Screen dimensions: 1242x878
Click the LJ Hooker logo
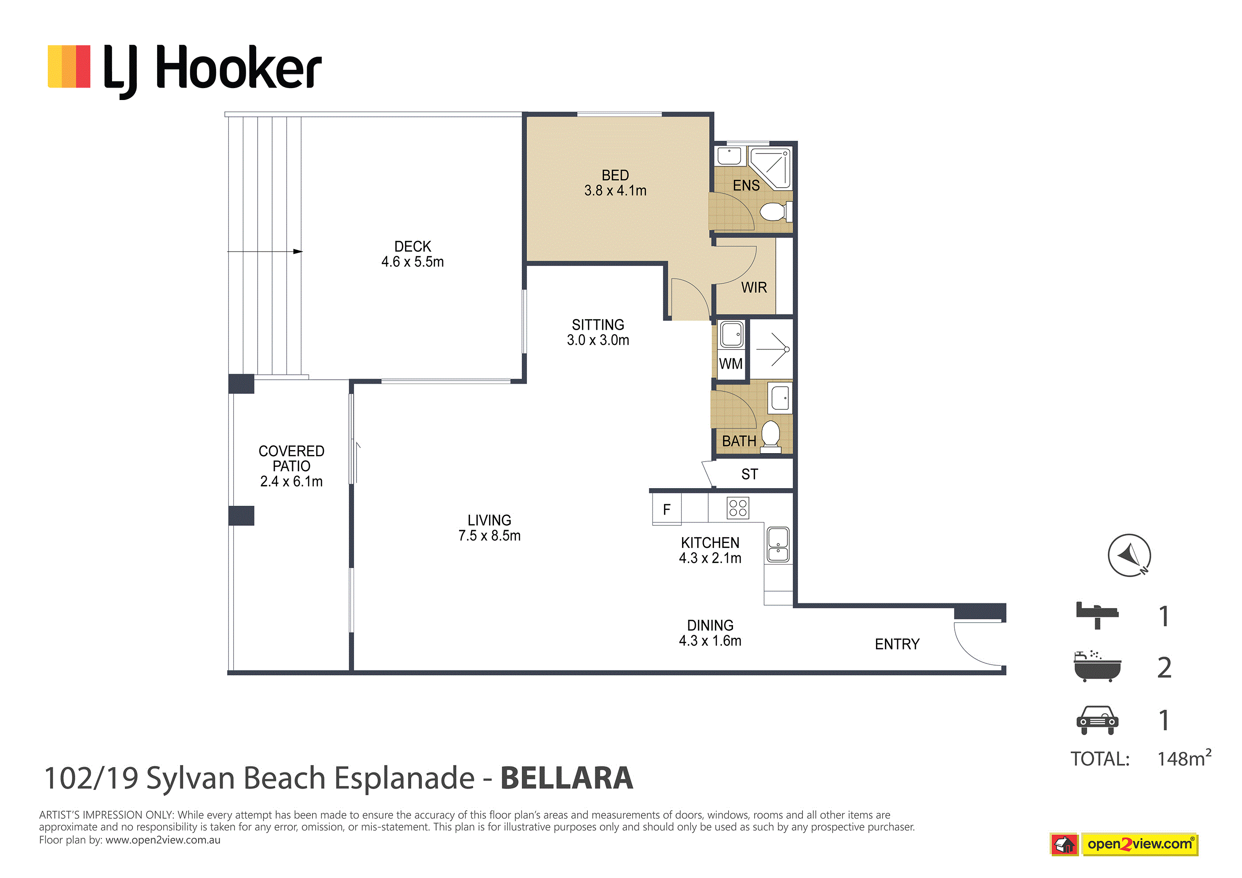click(x=185, y=71)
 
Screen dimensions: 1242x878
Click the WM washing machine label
click(x=731, y=363)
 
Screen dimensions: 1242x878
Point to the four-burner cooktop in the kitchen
click(x=738, y=508)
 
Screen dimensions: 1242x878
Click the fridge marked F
click(x=667, y=509)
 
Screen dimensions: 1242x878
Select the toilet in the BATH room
click(x=771, y=436)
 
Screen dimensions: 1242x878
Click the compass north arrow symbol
click(x=1129, y=555)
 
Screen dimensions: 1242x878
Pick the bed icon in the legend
click(x=1097, y=616)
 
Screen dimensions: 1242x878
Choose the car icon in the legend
click(x=1097, y=720)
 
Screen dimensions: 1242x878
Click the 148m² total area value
click(x=1184, y=758)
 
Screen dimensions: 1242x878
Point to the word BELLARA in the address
click(x=567, y=778)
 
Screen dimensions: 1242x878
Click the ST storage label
click(x=749, y=474)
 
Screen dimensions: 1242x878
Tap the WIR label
click(x=754, y=287)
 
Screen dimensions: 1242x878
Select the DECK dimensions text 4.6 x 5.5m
click(x=412, y=262)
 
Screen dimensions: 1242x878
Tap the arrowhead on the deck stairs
click(x=298, y=251)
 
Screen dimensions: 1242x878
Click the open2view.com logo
click(x=1124, y=844)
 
